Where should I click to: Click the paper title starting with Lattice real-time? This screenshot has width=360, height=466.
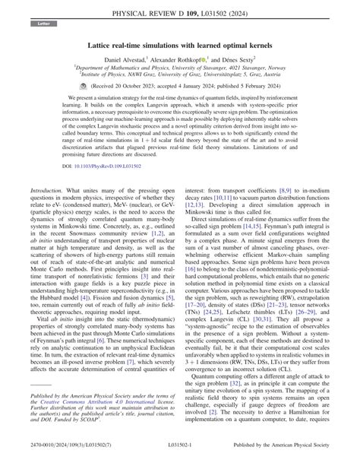(179, 46)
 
